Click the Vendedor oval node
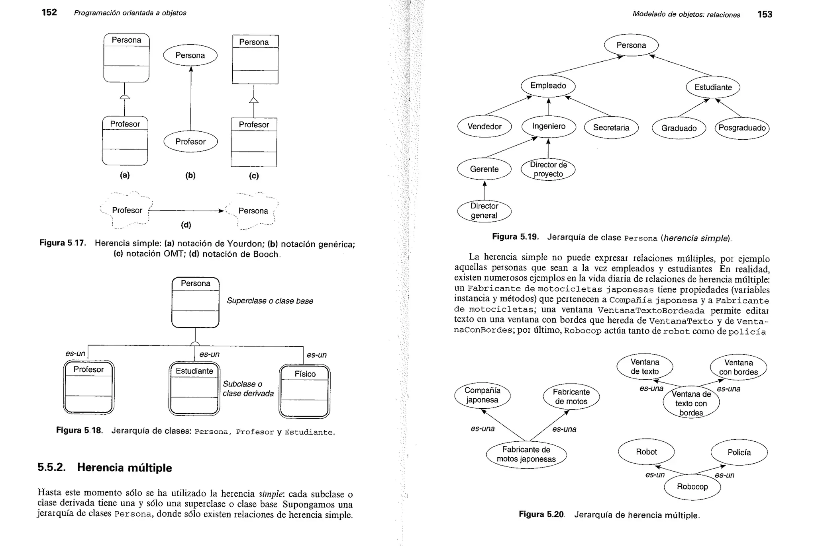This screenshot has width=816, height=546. tap(484, 127)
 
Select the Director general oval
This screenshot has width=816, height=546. tap(484, 211)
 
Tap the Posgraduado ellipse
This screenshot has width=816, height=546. tap(742, 128)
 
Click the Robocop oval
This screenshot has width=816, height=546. tap(692, 487)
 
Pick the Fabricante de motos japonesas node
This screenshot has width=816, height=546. tap(526, 454)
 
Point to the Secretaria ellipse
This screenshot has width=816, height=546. tap(611, 128)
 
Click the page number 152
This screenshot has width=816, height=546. tap(49, 12)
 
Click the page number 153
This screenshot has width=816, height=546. tap(765, 14)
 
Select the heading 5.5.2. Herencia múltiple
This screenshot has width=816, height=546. tap(105, 468)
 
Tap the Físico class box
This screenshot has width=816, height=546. tap(305, 392)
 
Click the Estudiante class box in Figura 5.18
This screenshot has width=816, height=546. tap(194, 388)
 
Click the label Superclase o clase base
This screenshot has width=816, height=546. tap(270, 301)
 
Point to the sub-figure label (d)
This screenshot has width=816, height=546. tap(186, 225)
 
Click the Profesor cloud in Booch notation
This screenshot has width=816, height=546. tap(127, 211)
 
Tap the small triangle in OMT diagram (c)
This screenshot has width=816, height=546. tap(254, 100)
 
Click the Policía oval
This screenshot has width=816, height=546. tap(739, 452)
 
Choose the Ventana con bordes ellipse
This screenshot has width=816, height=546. tap(738, 367)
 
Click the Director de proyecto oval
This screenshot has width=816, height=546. tap(548, 170)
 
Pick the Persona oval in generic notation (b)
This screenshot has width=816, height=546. tap(190, 55)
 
